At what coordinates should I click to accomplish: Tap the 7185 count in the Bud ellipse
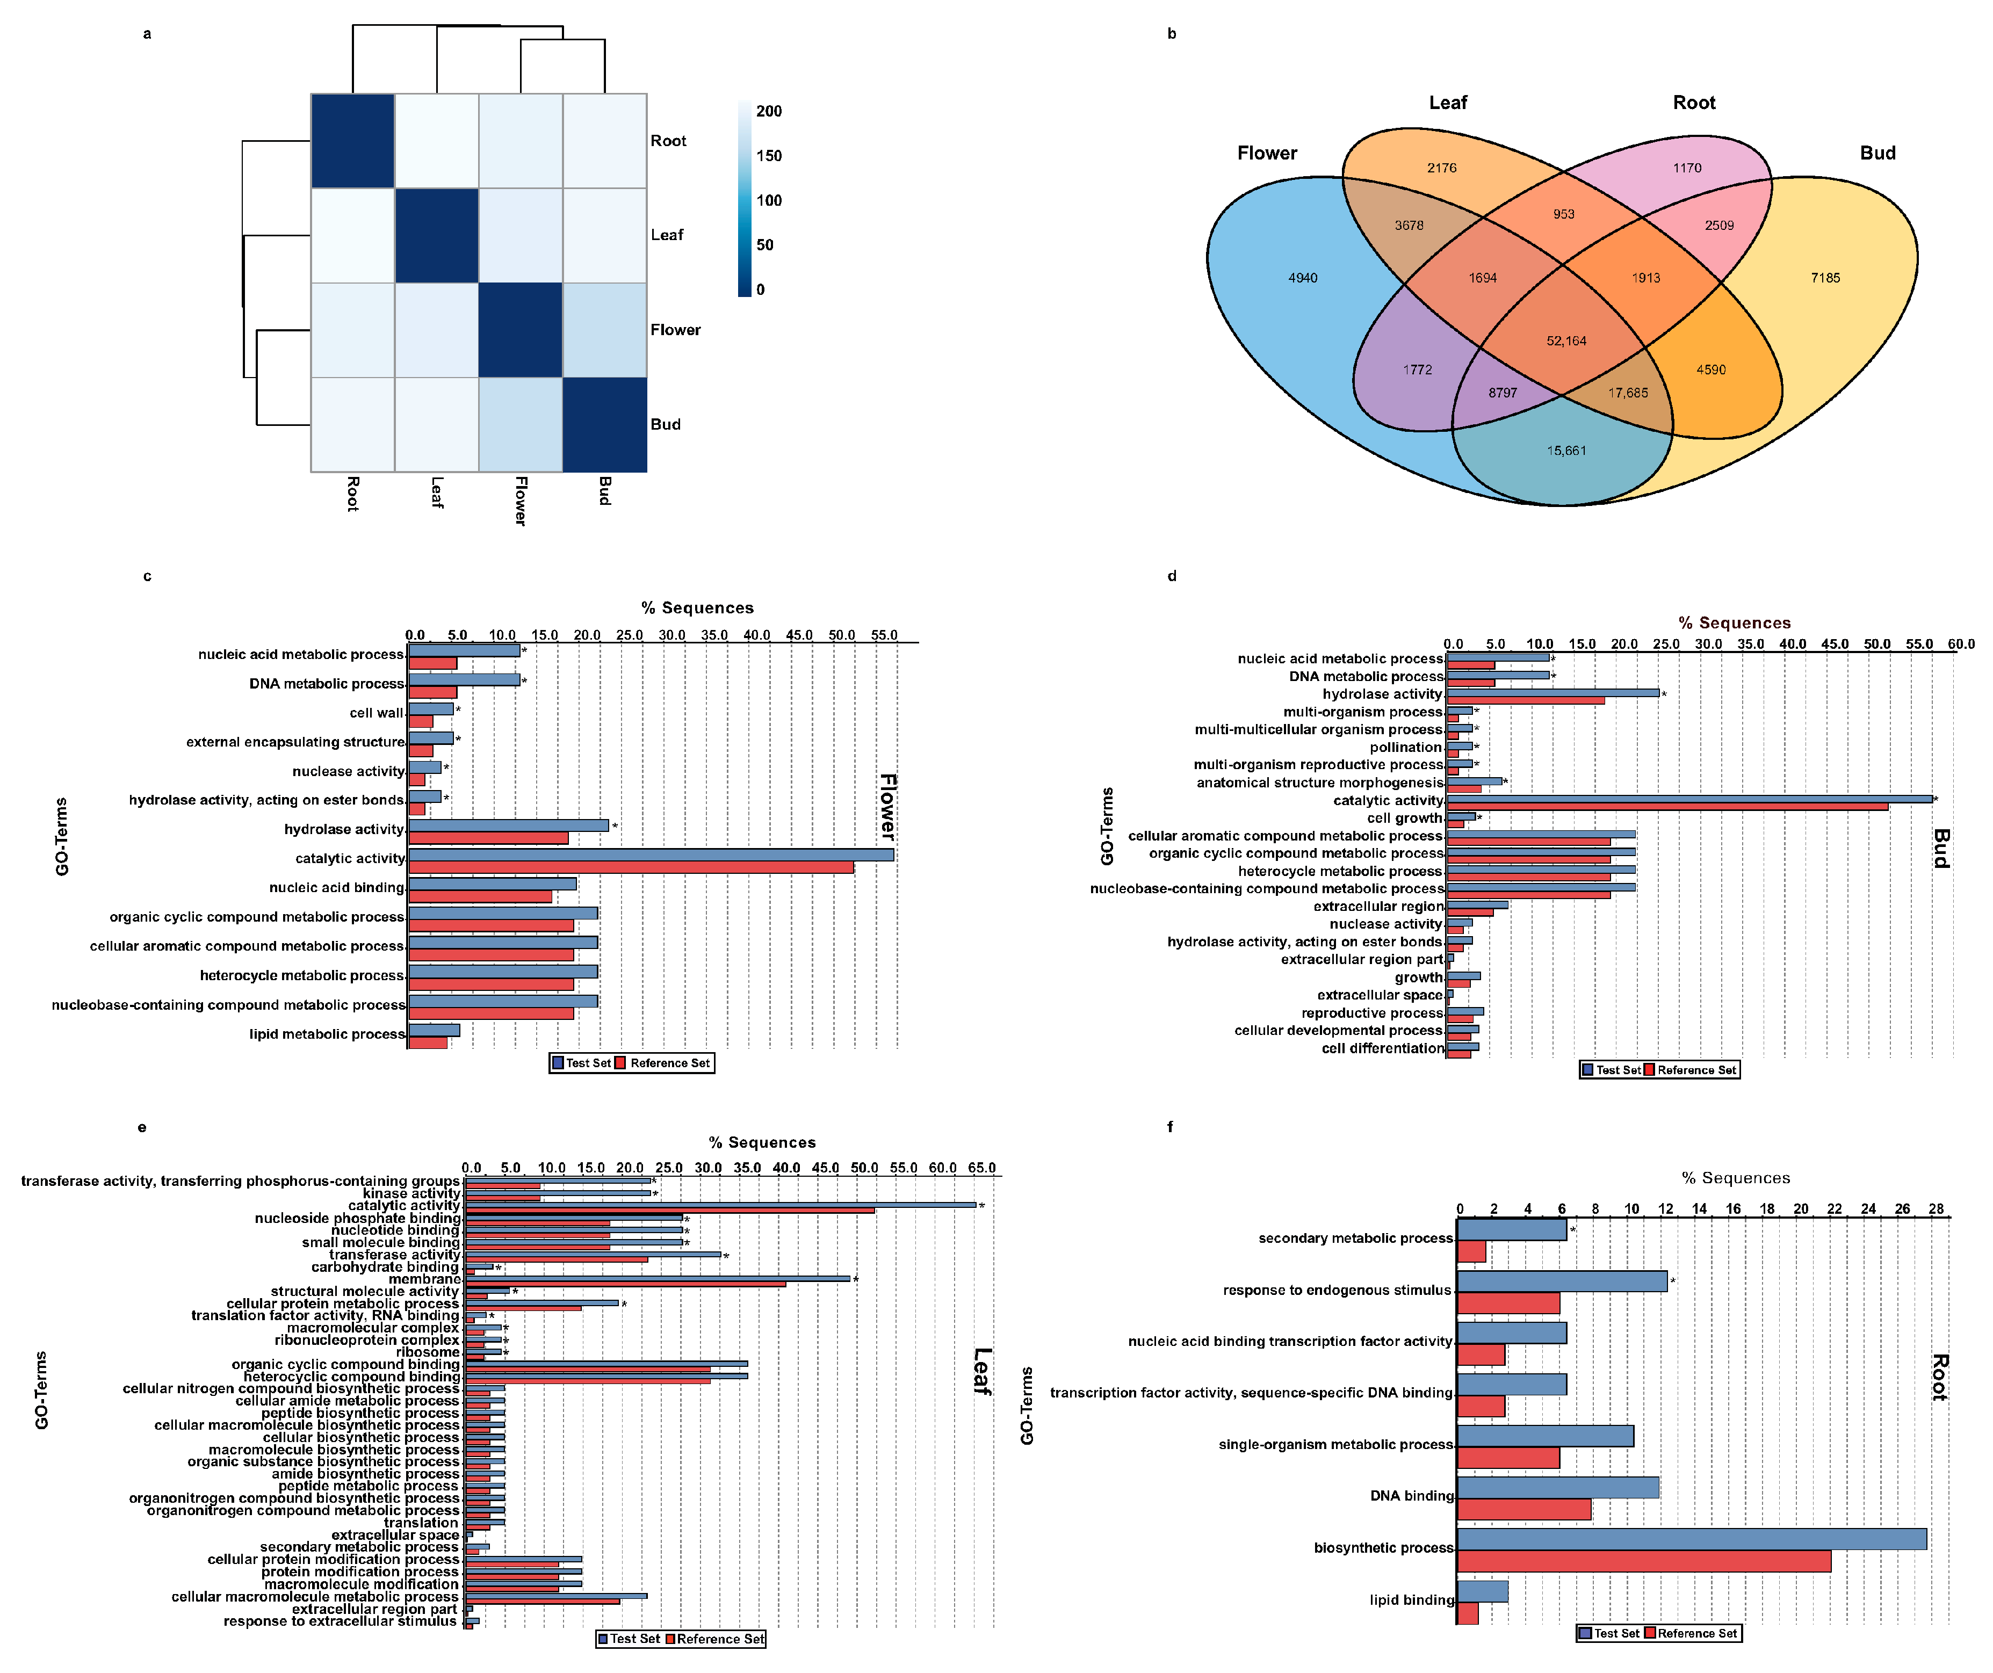pos(1825,278)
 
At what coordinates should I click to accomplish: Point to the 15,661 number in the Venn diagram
pos(1566,451)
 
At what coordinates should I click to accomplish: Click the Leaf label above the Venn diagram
pos(1447,103)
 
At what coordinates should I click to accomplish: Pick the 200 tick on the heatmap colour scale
pos(769,112)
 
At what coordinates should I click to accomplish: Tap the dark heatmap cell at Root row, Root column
pos(353,140)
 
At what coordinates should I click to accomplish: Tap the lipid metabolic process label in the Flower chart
pos(327,1034)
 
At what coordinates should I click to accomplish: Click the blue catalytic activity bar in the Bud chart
pos(1689,799)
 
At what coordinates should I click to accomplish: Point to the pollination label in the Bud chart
pos(1405,748)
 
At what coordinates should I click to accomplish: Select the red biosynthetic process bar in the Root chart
pos(1644,1561)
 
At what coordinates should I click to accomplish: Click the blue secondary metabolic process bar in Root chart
pos(1512,1230)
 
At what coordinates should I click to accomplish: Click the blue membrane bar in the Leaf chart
pos(657,1278)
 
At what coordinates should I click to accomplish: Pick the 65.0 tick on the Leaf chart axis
pos(981,1168)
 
